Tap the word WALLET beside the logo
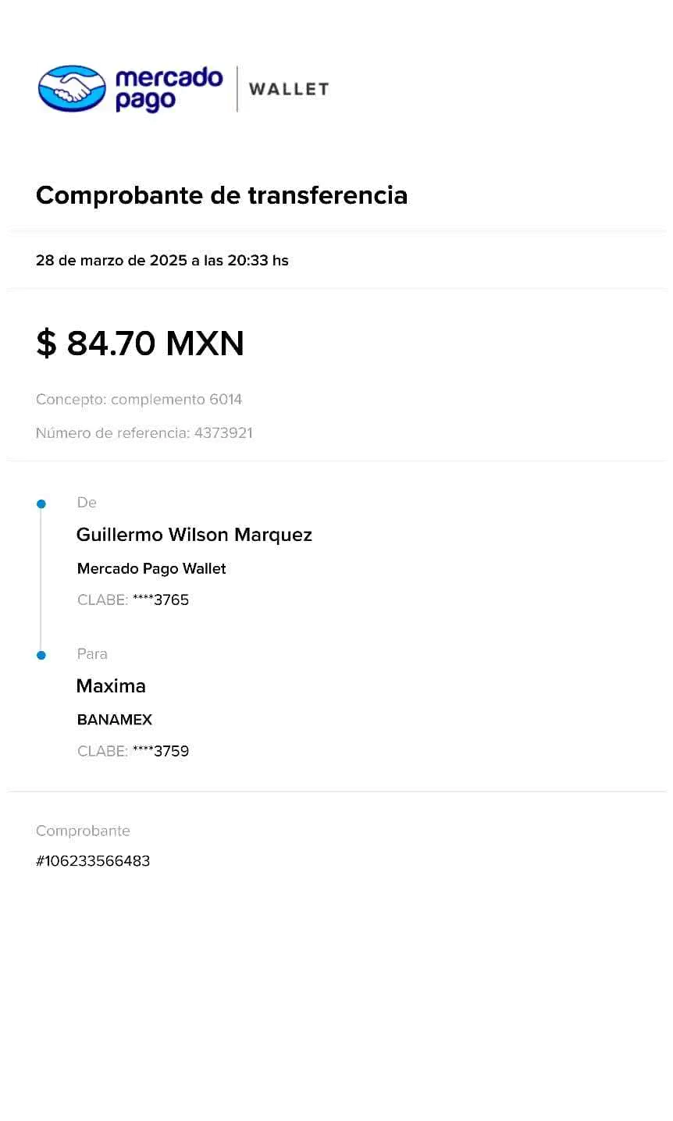point(289,90)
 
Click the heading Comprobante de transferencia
point(222,195)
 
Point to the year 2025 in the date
point(168,261)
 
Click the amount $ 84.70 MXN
point(140,343)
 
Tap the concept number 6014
point(226,400)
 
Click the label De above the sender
point(86,503)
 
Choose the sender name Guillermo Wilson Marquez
point(194,535)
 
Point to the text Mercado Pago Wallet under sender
point(151,568)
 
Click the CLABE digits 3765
point(172,600)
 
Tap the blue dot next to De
point(41,504)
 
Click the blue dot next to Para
point(41,655)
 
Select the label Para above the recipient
point(92,653)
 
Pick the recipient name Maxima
point(111,686)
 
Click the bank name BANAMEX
point(115,720)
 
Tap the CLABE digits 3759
point(172,751)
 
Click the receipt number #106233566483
point(93,861)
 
